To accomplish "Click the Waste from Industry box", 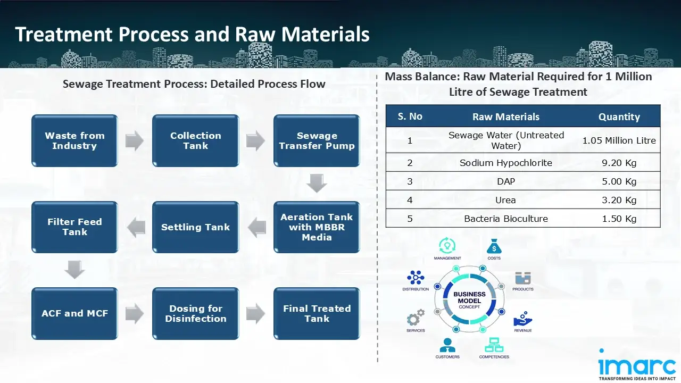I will [x=74, y=141].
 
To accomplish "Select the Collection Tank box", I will [x=195, y=141].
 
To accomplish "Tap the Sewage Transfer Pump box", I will [x=317, y=141].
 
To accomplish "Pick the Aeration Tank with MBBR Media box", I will [x=317, y=227].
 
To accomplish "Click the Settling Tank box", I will [x=195, y=227].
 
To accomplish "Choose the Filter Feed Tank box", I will [x=74, y=227].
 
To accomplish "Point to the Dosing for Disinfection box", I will [x=195, y=314].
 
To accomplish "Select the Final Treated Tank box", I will [x=317, y=314].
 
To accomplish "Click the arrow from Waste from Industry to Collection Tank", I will [x=135, y=141].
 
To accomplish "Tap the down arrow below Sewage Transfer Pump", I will [x=317, y=184].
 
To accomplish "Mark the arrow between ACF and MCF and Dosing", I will [x=135, y=314].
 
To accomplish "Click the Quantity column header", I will [x=619, y=117].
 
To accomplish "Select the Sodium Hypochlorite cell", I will [x=505, y=163].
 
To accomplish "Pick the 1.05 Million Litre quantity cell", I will [x=619, y=140].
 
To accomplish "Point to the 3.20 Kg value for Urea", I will [x=619, y=200].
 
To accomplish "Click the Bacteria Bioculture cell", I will [x=505, y=219].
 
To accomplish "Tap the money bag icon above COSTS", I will [x=493, y=246].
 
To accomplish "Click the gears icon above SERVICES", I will [x=416, y=318].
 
